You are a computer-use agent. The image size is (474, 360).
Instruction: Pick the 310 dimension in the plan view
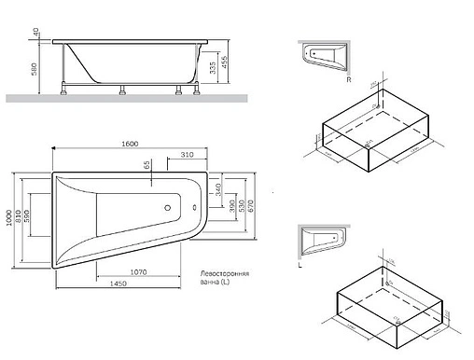coord(187,154)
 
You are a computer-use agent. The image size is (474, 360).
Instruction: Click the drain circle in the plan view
coord(168,210)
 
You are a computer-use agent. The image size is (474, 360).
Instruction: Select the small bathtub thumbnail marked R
coord(326,56)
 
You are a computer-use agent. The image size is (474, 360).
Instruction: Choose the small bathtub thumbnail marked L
coord(326,244)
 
